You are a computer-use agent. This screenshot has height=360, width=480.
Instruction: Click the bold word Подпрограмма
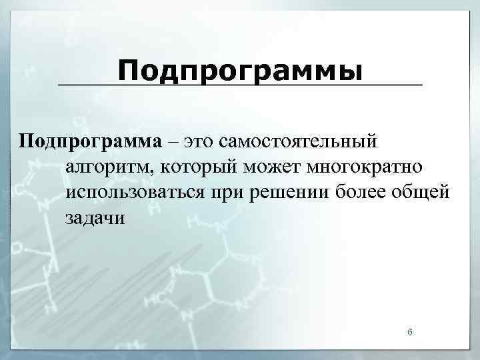(90, 141)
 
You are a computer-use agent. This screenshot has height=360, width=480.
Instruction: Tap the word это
(199, 141)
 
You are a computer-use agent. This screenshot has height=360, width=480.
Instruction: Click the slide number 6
(410, 331)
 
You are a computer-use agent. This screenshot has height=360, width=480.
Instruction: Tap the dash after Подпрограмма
(173, 142)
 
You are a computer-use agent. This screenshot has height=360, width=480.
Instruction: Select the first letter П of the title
(130, 69)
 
